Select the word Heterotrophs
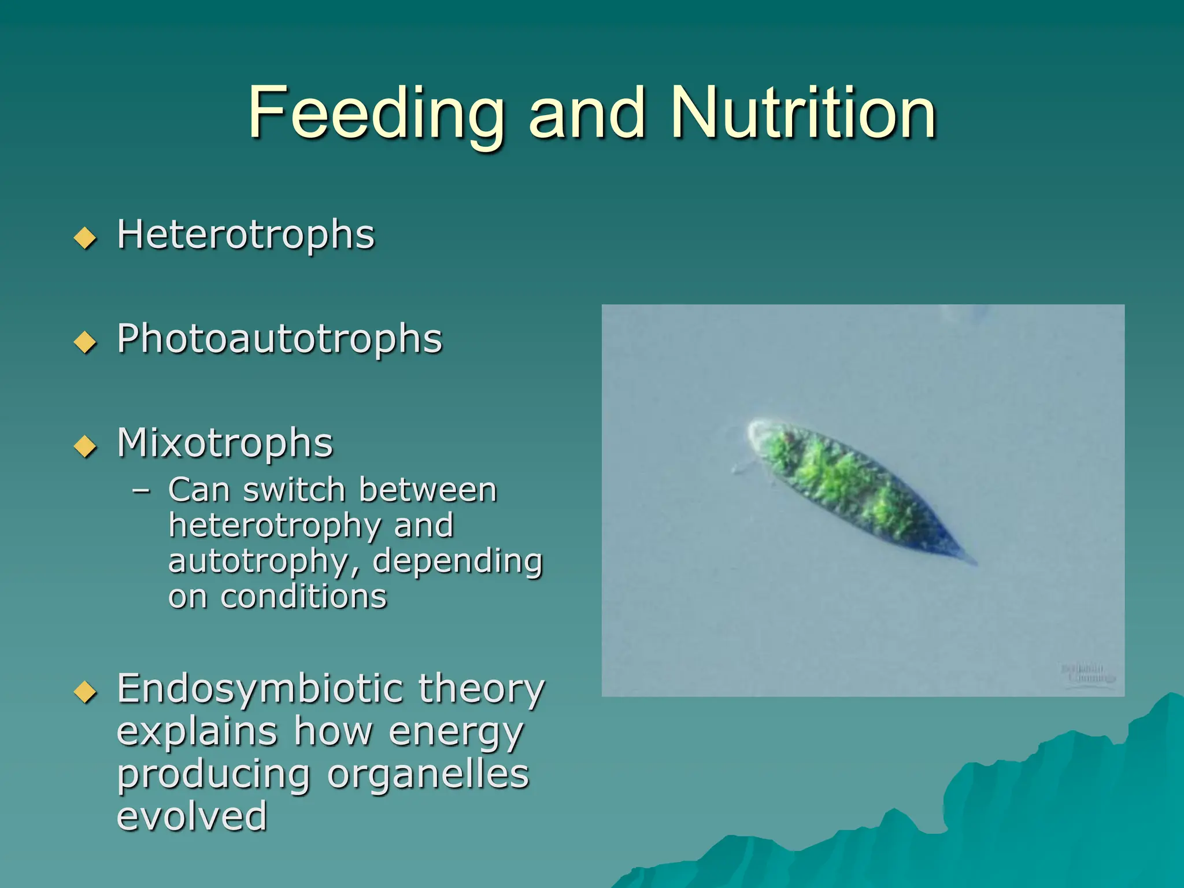point(246,235)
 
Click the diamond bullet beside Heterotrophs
point(86,238)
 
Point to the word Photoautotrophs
point(279,339)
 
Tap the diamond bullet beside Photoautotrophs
point(86,342)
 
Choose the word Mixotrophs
point(225,443)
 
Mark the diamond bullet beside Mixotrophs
point(86,446)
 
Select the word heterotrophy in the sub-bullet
point(274,527)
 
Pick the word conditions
point(303,597)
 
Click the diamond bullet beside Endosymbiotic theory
point(86,691)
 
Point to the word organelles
point(428,774)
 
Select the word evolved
point(192,816)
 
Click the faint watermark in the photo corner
point(1087,674)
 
